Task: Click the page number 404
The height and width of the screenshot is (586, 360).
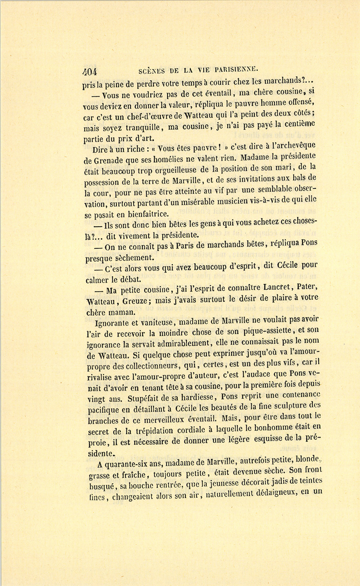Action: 90,72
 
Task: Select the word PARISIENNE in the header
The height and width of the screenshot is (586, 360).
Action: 238,69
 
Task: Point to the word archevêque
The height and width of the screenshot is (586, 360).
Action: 294,146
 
